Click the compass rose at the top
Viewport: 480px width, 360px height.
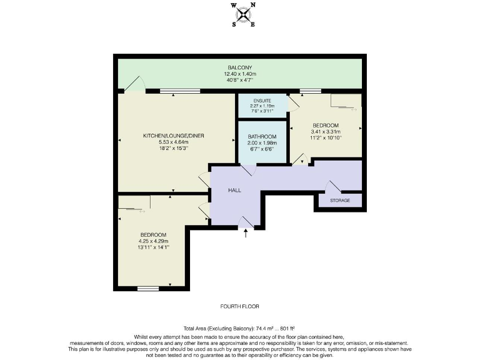(243, 14)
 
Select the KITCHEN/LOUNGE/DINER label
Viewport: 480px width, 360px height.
(174, 136)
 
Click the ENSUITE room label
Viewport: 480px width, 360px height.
(262, 101)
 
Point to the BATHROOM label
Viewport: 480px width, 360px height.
(262, 136)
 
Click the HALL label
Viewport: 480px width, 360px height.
(234, 191)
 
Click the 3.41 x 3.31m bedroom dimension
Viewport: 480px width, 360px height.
(326, 132)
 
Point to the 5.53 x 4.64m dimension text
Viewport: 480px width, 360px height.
(173, 142)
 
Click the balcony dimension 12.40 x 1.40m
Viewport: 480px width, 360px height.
(241, 73)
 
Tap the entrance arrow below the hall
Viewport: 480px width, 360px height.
(246, 234)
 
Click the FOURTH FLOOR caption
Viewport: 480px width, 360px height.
(240, 306)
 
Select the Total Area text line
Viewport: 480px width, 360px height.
(239, 328)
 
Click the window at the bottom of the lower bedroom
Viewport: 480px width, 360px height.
(148, 288)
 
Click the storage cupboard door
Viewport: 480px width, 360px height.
(332, 186)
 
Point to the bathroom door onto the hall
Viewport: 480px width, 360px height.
(248, 171)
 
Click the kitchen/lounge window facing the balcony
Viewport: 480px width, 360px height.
(176, 92)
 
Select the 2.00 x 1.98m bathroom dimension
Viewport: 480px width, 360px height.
(262, 143)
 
